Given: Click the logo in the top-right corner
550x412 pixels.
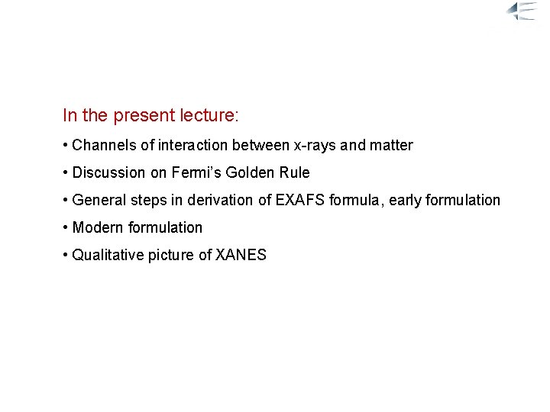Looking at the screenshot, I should click(x=526, y=11).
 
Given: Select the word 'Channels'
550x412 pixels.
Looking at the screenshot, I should click(x=100, y=145).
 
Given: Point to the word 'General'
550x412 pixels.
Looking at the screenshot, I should click(x=99, y=200).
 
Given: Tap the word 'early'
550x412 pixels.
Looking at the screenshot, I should click(x=377, y=200).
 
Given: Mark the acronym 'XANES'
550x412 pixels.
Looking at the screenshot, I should click(x=241, y=255).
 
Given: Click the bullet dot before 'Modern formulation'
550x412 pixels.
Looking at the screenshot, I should click(x=66, y=227).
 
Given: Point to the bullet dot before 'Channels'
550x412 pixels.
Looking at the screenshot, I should click(x=66, y=145).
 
